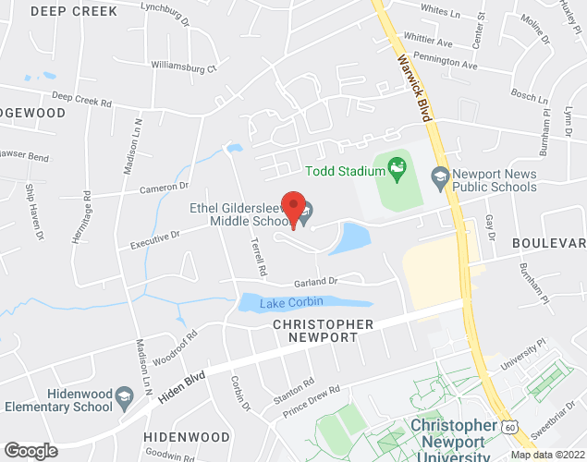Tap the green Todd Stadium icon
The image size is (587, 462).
(397, 168)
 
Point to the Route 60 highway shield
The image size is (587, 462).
(510, 427)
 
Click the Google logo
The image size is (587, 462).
(31, 450)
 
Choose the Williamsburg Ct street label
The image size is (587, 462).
(184, 67)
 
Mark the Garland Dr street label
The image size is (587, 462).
(316, 281)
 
